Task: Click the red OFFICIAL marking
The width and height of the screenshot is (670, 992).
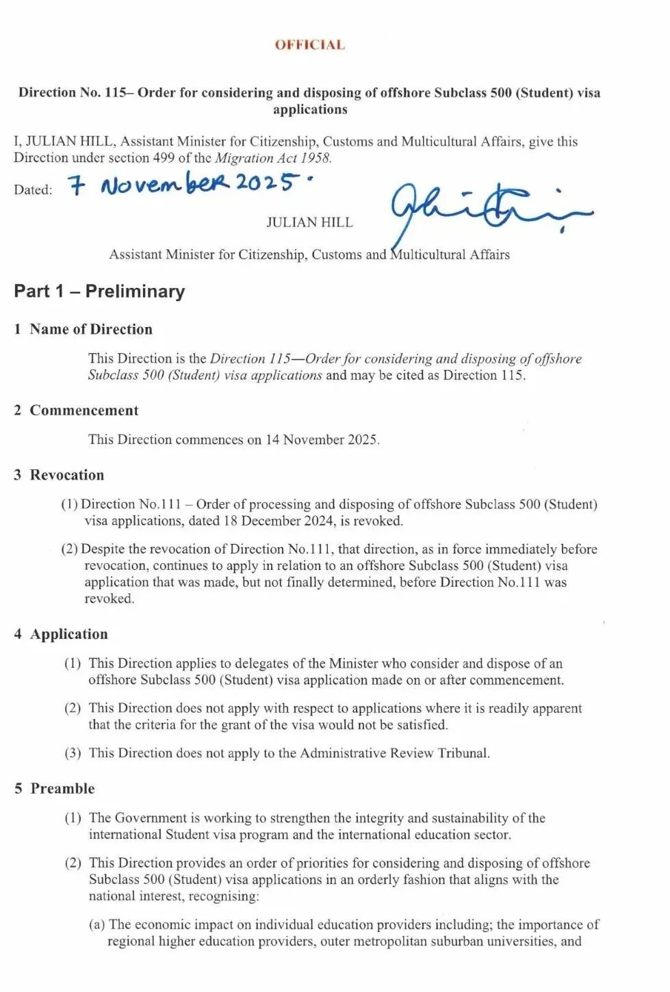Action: click(x=309, y=45)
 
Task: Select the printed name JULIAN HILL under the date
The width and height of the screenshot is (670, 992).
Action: click(x=309, y=222)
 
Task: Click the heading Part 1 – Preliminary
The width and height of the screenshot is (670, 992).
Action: click(x=99, y=291)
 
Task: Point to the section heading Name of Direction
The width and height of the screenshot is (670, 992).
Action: click(x=90, y=329)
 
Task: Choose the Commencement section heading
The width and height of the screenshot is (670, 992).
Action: click(x=83, y=410)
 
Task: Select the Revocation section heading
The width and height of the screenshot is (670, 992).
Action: click(x=66, y=475)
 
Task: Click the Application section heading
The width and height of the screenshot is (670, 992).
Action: click(x=68, y=634)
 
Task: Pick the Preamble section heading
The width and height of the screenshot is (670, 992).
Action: click(x=62, y=788)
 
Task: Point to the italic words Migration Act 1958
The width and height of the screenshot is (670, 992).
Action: click(x=273, y=157)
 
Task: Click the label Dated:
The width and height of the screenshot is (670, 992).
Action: click(x=33, y=190)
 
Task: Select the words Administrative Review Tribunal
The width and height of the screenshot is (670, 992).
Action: click(x=394, y=753)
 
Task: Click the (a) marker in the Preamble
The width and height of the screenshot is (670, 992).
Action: click(x=96, y=925)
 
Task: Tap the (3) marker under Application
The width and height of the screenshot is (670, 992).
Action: click(x=73, y=753)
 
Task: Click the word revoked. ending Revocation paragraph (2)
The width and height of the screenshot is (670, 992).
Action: click(x=109, y=599)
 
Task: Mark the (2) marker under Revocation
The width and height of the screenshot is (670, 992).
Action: click(x=69, y=549)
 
